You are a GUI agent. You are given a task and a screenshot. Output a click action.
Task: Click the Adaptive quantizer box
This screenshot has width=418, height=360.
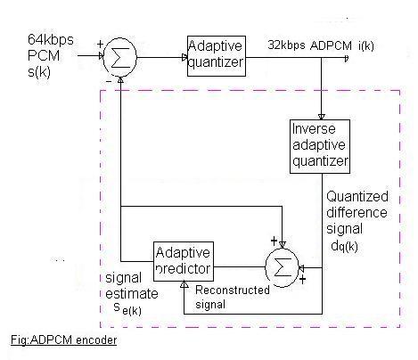(215, 58)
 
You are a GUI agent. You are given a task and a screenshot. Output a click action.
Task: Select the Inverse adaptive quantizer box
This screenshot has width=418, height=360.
(320, 145)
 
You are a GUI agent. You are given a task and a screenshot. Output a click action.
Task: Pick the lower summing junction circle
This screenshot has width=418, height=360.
(283, 266)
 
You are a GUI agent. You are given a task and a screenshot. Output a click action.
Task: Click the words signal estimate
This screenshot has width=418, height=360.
(127, 283)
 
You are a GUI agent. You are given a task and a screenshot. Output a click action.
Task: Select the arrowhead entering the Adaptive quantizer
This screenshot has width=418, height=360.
(184, 58)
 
